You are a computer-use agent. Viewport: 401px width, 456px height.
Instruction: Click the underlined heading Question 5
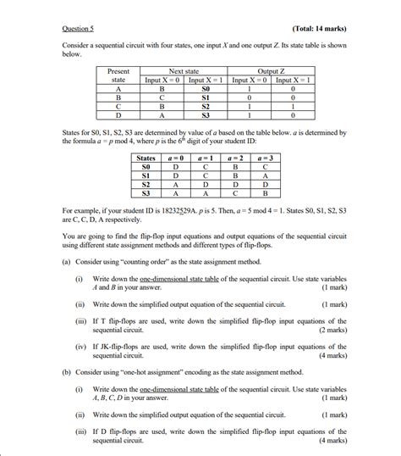79,29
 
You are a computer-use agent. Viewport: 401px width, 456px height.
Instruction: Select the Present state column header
118,75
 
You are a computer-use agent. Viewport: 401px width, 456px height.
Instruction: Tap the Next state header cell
184,71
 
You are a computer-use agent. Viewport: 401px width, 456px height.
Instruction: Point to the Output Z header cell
272,71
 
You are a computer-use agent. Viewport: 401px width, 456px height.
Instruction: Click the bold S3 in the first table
205,116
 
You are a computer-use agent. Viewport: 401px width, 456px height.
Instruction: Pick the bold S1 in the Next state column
205,97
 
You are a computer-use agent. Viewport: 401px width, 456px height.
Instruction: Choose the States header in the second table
146,158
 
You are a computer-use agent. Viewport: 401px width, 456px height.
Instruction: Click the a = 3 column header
265,158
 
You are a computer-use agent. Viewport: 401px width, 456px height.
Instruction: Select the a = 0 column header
177,158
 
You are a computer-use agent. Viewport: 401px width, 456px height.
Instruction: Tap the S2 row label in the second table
146,184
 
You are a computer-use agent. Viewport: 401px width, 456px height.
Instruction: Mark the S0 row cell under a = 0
177,167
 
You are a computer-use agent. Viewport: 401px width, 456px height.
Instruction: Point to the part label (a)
67,263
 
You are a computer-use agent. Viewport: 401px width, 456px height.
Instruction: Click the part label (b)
67,372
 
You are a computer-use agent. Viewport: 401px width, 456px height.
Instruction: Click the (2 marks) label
331,331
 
